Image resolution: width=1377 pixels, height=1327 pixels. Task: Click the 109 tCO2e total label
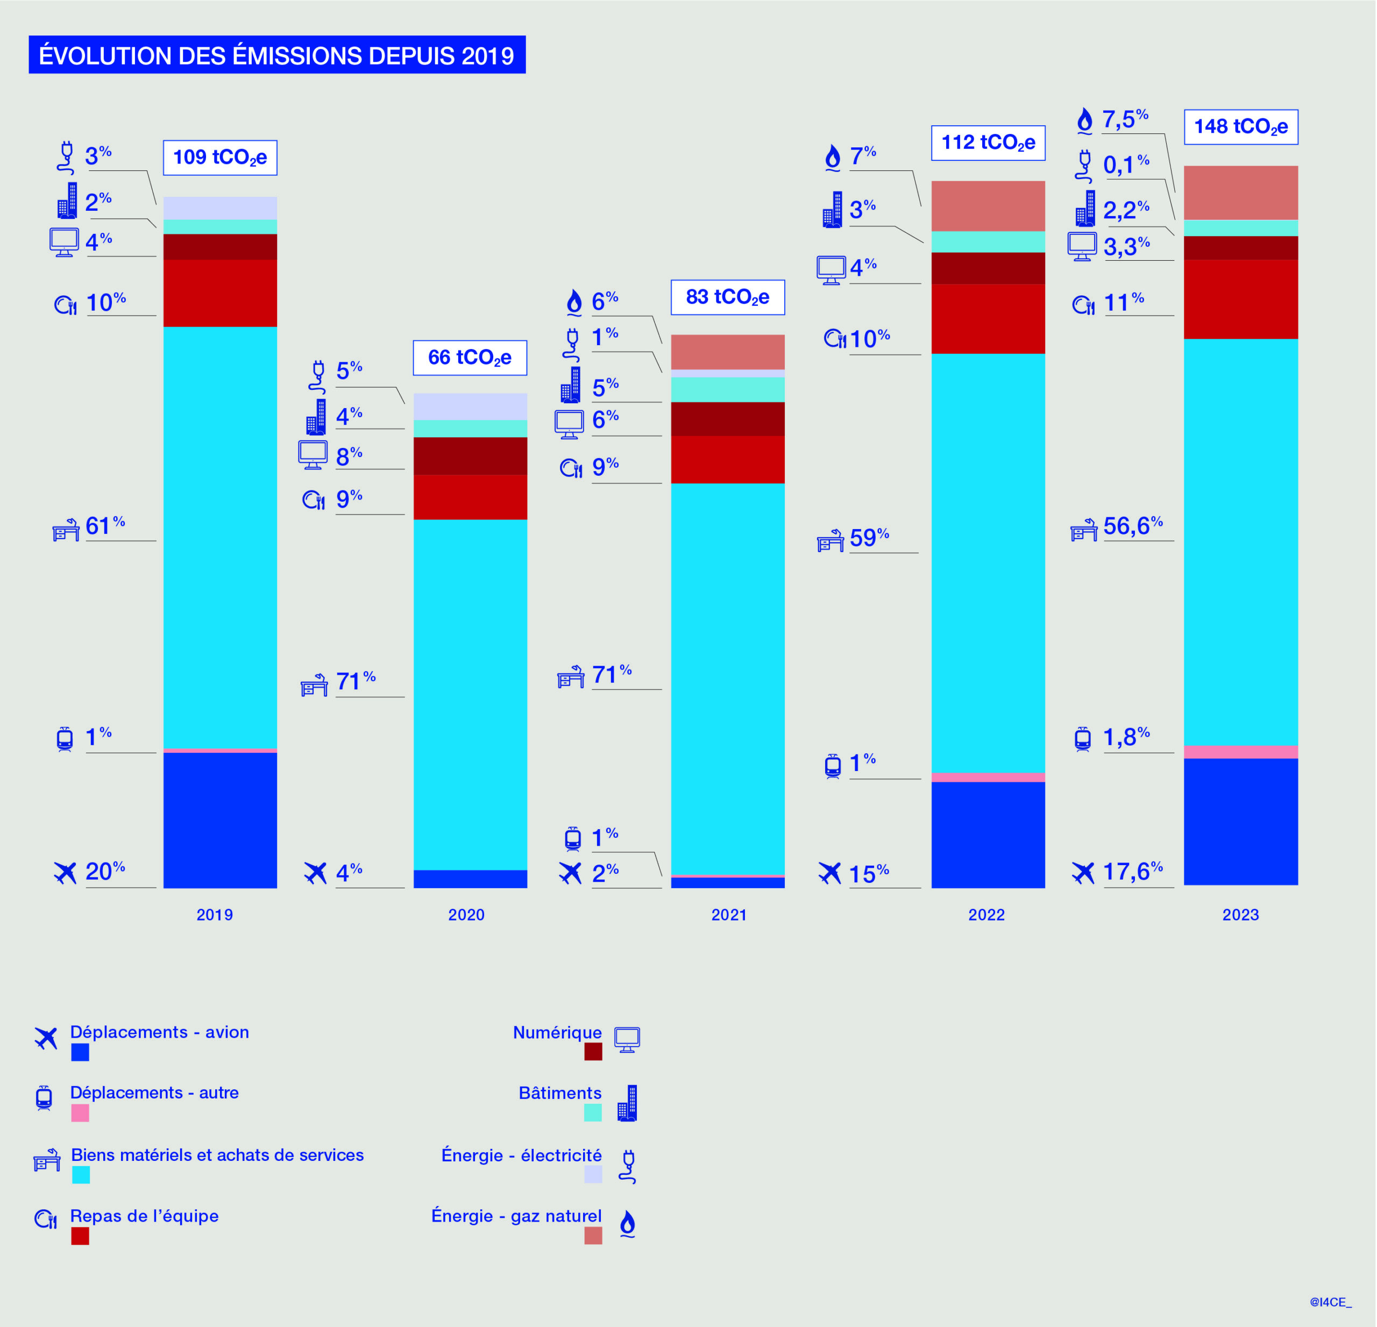(220, 158)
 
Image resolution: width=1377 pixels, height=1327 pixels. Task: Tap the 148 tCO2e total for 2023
(1241, 127)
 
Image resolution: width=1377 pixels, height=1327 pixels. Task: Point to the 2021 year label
(728, 914)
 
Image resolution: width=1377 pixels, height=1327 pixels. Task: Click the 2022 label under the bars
(986, 914)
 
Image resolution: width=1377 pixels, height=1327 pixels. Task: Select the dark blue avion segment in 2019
(220, 819)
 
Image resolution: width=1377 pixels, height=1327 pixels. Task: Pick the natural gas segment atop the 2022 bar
(988, 206)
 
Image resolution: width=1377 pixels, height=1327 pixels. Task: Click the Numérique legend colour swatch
(593, 1051)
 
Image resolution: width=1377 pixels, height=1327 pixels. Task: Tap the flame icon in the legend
(627, 1223)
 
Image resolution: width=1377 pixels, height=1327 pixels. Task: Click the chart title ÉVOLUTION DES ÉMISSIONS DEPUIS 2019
(277, 55)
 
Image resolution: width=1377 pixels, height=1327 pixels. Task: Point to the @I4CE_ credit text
(1330, 1302)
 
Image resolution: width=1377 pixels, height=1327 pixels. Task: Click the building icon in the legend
(627, 1102)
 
